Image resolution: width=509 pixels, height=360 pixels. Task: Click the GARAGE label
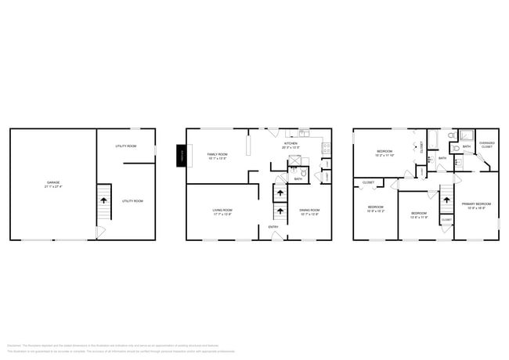click(x=52, y=182)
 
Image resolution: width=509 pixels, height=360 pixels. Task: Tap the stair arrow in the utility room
click(x=103, y=200)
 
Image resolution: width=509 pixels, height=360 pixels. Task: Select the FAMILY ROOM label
click(x=217, y=154)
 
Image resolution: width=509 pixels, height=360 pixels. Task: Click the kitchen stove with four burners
click(x=325, y=148)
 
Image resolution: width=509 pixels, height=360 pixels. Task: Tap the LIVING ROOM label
click(x=222, y=209)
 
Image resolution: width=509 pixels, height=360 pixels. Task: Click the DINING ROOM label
click(x=309, y=209)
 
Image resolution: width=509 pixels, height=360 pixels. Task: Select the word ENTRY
click(x=273, y=227)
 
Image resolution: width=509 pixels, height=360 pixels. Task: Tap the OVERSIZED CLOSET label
click(x=486, y=144)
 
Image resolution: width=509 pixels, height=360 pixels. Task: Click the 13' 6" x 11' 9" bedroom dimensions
click(x=418, y=217)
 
